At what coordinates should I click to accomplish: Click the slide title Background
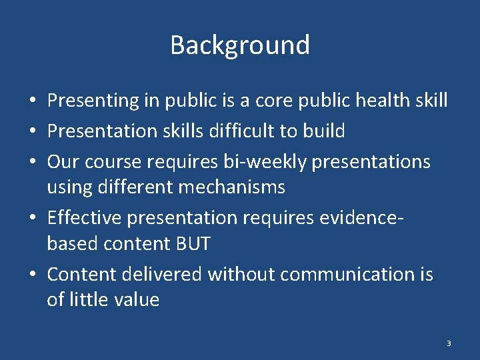pos(240,45)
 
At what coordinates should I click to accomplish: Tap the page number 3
pos(449,343)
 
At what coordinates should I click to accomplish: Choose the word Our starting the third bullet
pos(62,162)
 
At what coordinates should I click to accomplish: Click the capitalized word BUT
pos(192,244)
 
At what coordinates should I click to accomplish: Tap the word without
pos(242,274)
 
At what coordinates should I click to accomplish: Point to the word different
pos(137,188)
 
